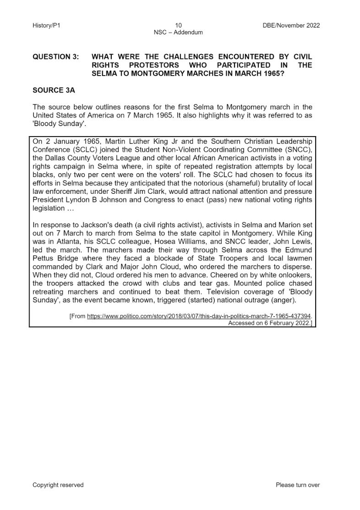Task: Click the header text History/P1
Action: coord(46,26)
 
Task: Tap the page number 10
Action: coord(179,26)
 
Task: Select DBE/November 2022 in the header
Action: coord(289,26)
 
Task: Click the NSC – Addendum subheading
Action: coord(179,33)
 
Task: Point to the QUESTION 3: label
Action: coord(55,57)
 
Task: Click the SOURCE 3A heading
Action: coord(54,91)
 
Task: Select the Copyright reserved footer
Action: coord(58,485)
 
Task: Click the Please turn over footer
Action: coord(298,485)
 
